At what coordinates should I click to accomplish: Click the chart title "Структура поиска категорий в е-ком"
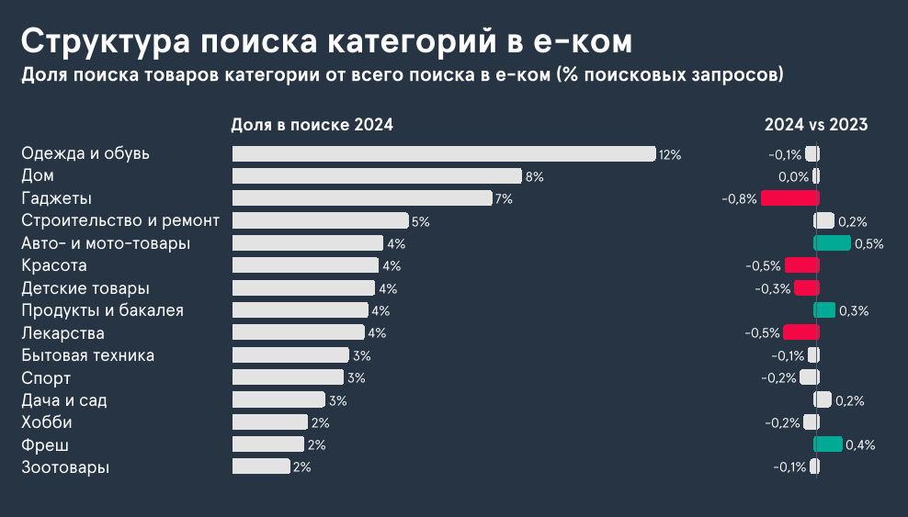(x=326, y=41)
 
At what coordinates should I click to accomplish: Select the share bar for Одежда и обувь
(x=444, y=154)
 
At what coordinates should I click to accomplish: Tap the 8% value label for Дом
(x=535, y=176)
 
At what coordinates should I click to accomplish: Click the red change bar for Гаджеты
(x=789, y=198)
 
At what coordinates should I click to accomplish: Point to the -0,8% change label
(x=740, y=198)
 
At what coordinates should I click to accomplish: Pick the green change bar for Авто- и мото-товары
(x=833, y=243)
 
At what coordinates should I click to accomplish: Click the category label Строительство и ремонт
(x=120, y=221)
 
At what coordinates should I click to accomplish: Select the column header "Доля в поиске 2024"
(x=312, y=125)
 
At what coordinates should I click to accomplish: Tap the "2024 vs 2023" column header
(x=816, y=125)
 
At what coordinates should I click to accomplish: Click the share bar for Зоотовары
(x=261, y=467)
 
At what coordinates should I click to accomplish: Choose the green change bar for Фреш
(x=829, y=444)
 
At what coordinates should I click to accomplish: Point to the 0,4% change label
(x=860, y=445)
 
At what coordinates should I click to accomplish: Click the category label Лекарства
(x=62, y=333)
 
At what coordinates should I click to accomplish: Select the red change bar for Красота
(x=800, y=265)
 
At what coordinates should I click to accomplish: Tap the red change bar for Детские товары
(x=806, y=288)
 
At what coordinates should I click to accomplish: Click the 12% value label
(x=670, y=155)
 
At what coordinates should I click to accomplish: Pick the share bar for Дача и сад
(x=278, y=400)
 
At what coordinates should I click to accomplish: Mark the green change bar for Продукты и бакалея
(x=825, y=310)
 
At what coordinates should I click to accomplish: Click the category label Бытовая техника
(x=87, y=355)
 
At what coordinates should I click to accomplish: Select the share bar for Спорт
(x=288, y=377)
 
